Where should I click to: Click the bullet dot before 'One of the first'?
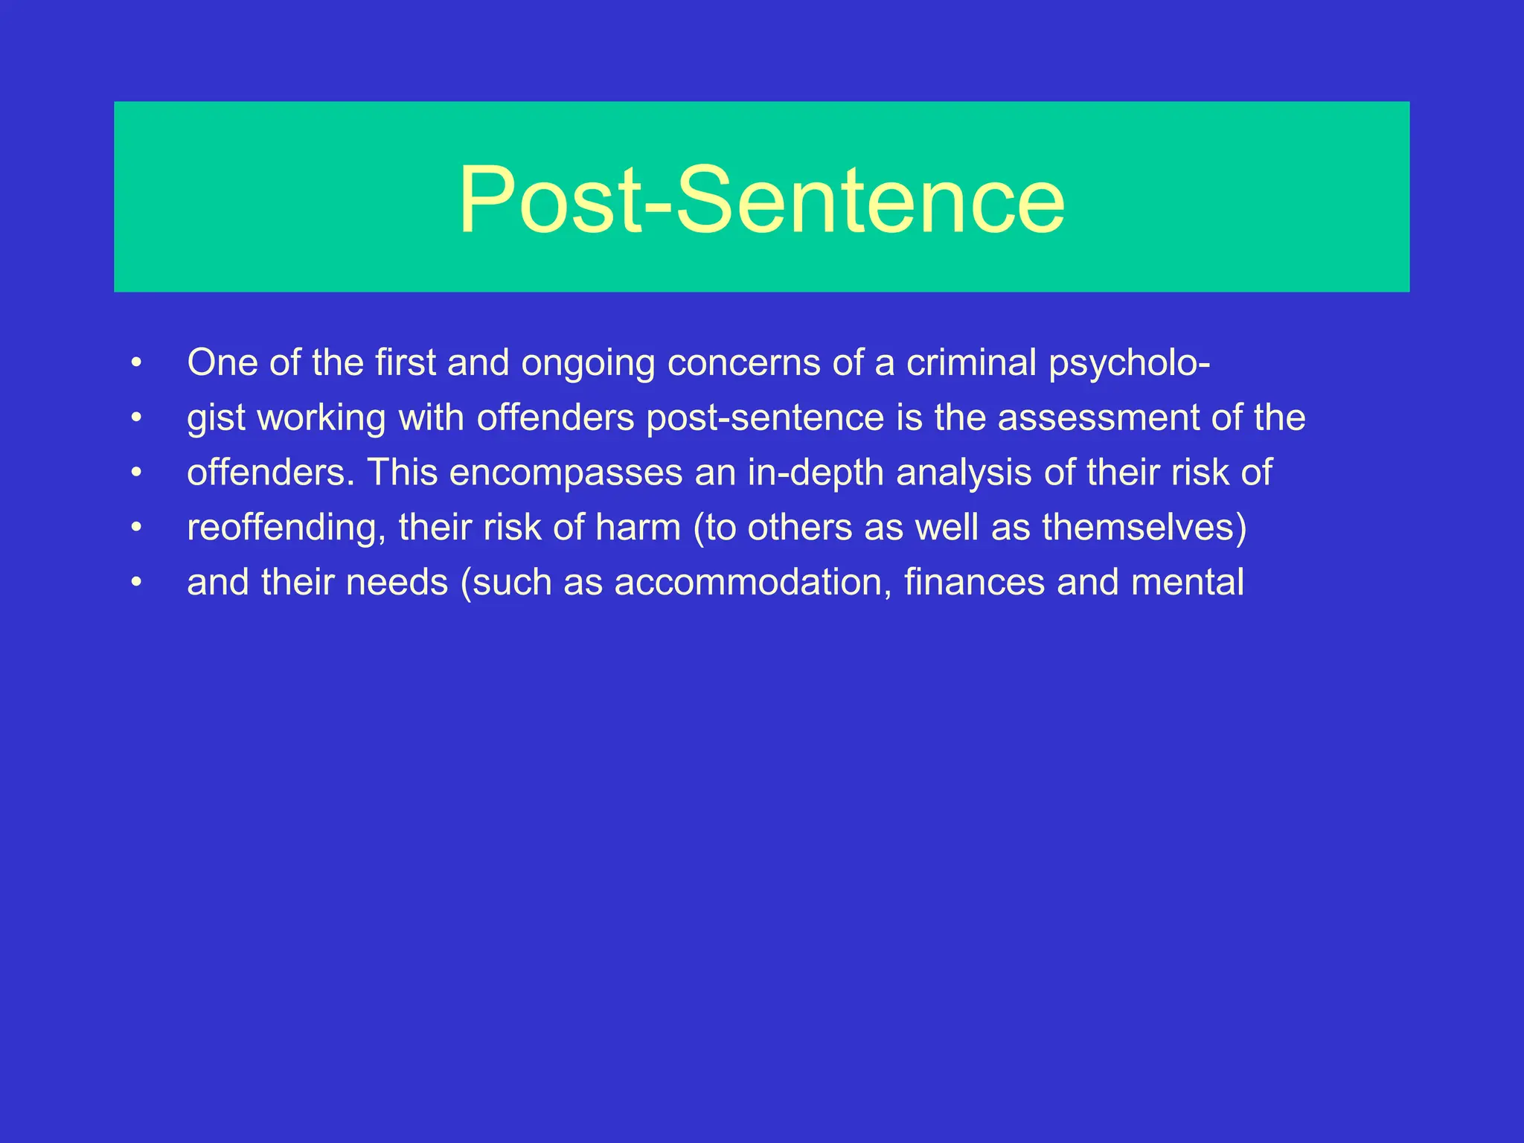tap(135, 363)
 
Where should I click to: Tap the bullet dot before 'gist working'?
tap(135, 418)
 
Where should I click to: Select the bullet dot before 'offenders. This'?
tap(135, 473)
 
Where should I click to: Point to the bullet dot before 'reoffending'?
tap(135, 528)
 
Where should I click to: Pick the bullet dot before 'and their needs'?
tap(135, 583)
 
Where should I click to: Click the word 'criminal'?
tap(971, 362)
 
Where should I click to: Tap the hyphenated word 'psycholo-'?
tap(1129, 364)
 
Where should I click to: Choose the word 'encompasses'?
tap(566, 473)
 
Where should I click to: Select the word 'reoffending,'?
tap(286, 528)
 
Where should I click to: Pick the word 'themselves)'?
tap(1144, 528)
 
